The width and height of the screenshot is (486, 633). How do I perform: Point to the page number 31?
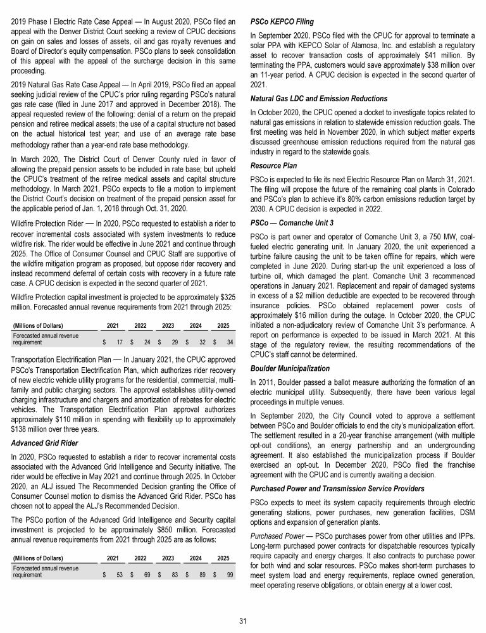click(242, 620)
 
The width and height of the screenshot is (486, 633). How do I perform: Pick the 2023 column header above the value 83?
click(168, 541)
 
